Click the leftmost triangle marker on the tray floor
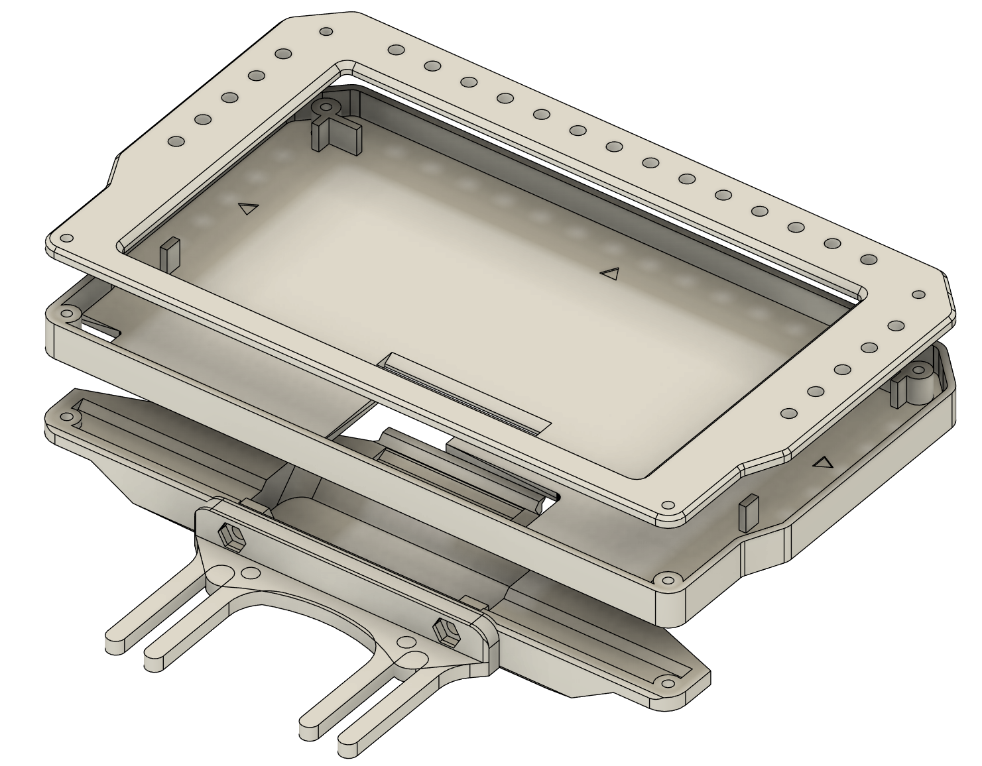click(248, 209)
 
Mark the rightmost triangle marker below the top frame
click(823, 463)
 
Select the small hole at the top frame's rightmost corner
click(918, 294)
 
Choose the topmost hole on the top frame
click(326, 32)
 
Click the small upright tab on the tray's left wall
click(170, 252)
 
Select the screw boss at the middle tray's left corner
click(68, 312)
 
